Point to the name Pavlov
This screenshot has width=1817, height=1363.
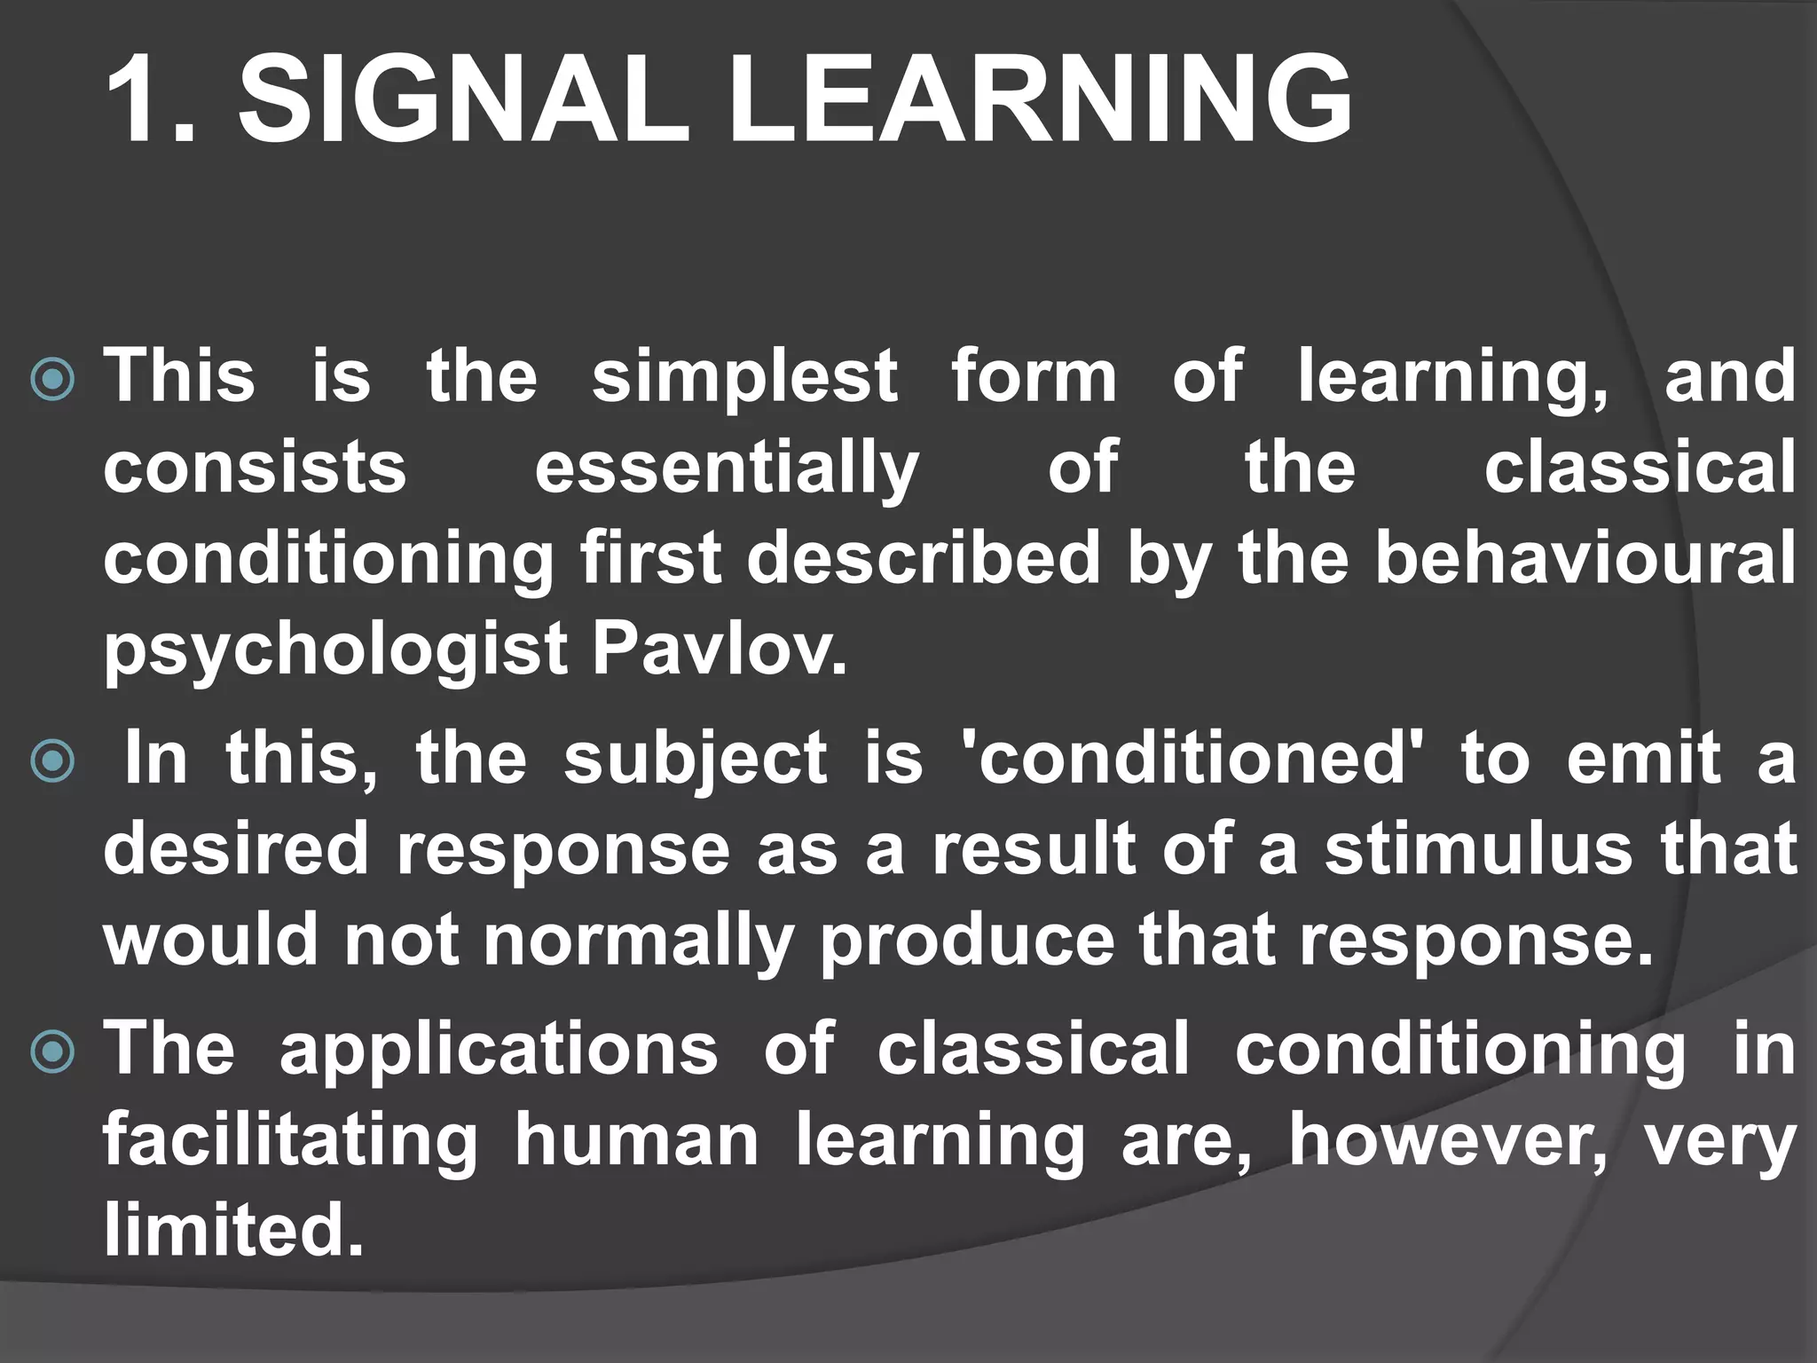click(719, 649)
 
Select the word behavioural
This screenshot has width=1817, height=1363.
click(1585, 557)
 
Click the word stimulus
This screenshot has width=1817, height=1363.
click(1478, 849)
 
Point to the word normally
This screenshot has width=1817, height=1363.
click(638, 943)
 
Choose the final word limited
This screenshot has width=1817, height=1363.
click(233, 1231)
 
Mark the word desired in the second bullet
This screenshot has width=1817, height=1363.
click(235, 849)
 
